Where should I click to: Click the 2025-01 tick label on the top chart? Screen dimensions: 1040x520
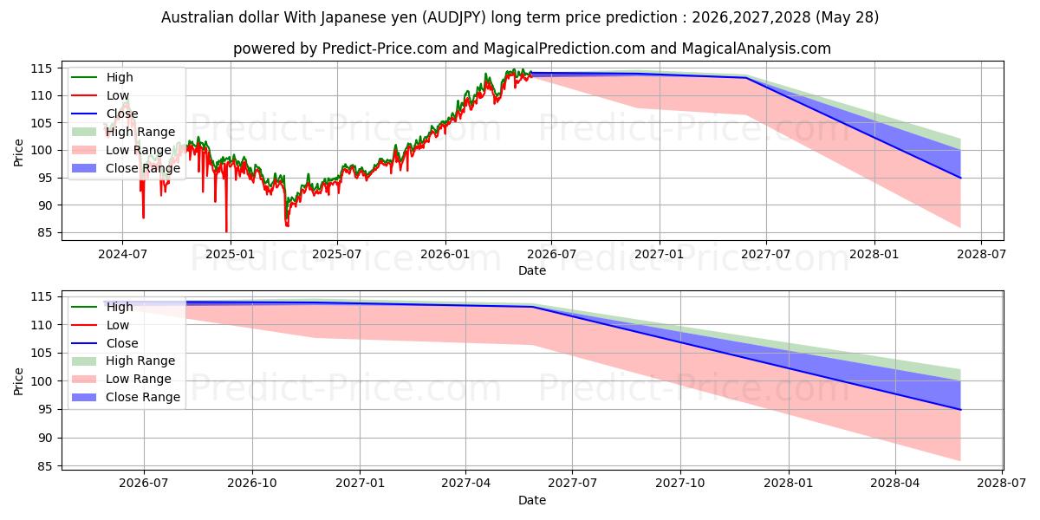pyautogui.click(x=231, y=255)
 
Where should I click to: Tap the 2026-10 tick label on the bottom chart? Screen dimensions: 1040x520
pyautogui.click(x=252, y=484)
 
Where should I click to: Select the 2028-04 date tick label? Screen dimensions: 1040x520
pyautogui.click(x=895, y=484)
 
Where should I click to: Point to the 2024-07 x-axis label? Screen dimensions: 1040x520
pyautogui.click(x=122, y=255)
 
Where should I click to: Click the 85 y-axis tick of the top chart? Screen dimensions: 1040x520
pyautogui.click(x=45, y=232)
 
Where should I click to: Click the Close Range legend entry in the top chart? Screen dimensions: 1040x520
pyautogui.click(x=126, y=168)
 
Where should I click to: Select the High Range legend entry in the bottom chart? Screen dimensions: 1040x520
pyautogui.click(x=123, y=361)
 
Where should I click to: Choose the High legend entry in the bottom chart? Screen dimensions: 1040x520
pyautogui.click(x=102, y=307)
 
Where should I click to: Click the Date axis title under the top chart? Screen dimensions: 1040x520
pyautogui.click(x=532, y=270)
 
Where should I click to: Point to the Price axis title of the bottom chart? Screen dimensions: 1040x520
pyautogui.click(x=18, y=381)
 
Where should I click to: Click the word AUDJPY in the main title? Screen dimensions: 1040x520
pyautogui.click(x=456, y=17)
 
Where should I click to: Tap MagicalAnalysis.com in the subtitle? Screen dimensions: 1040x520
pyautogui.click(x=757, y=49)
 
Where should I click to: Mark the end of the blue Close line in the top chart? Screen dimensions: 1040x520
pyautogui.click(x=960, y=178)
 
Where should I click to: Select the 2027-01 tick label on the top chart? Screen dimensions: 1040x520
pyautogui.click(x=660, y=255)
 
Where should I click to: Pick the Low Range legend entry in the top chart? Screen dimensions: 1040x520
pyautogui.click(x=121, y=150)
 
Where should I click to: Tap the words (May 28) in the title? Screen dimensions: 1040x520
pyautogui.click(x=847, y=17)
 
